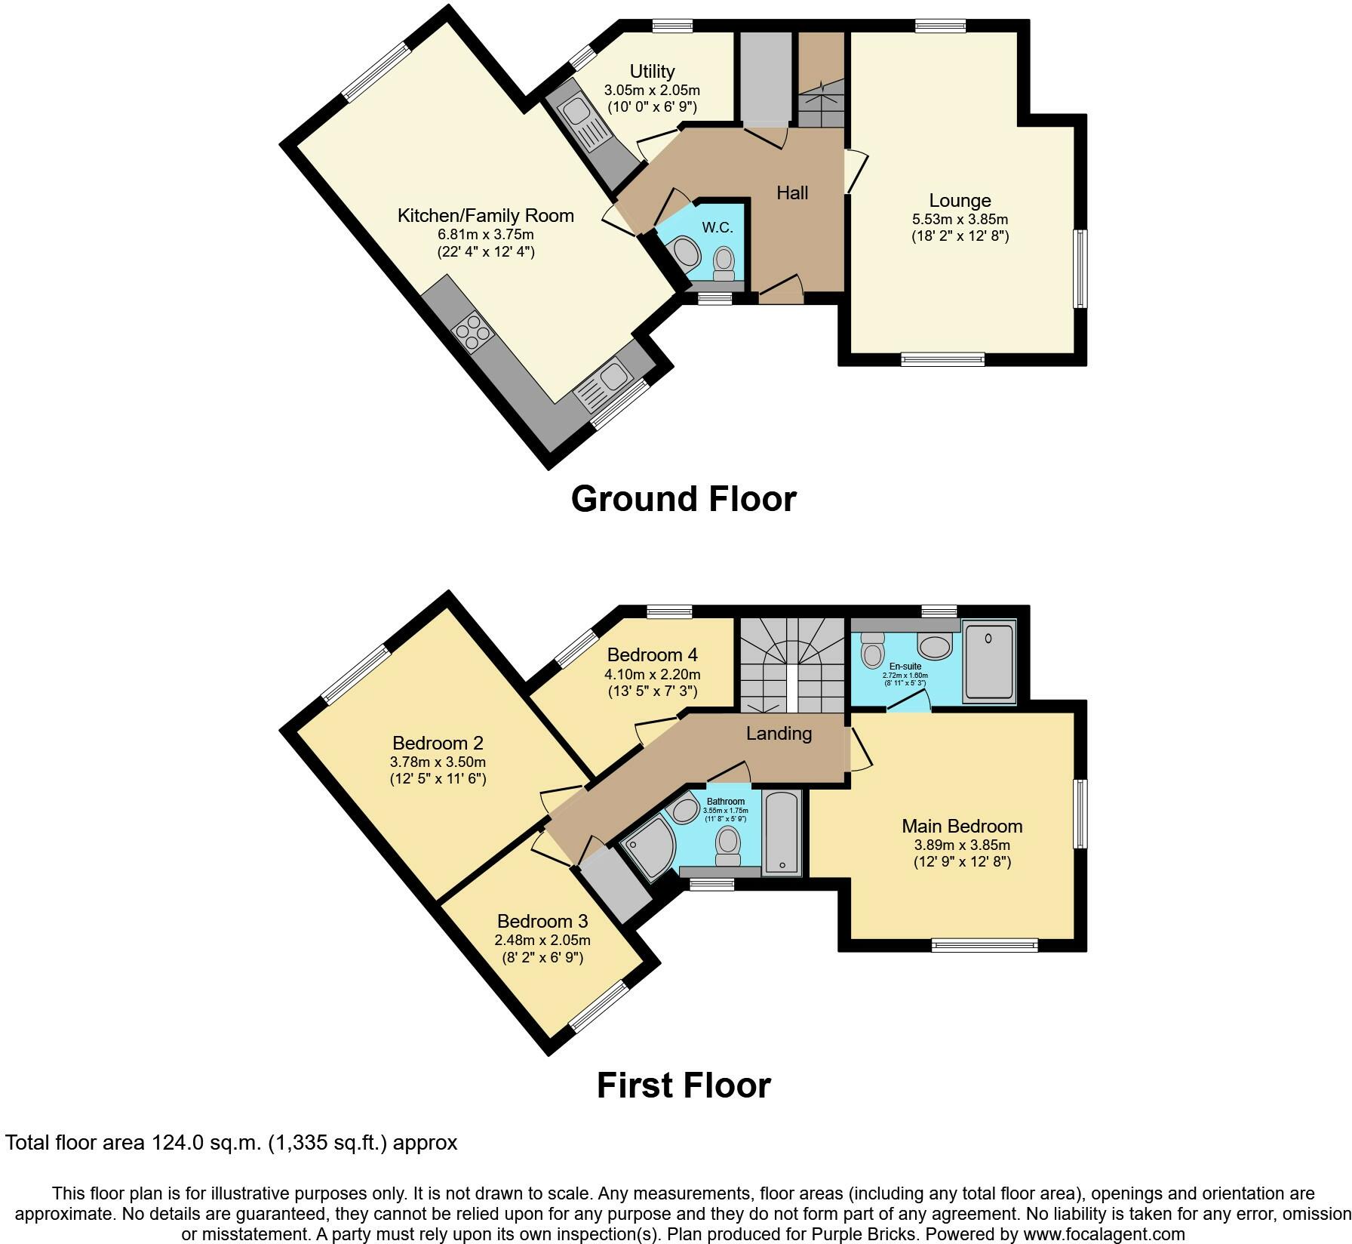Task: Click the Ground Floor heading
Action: click(x=684, y=500)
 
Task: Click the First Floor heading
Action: click(x=684, y=1085)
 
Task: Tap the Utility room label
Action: click(x=652, y=72)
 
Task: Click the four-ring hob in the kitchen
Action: click(x=472, y=332)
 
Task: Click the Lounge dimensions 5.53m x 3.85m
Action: click(x=960, y=220)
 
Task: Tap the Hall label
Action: click(x=792, y=193)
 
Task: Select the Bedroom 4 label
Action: click(x=653, y=654)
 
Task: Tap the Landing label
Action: click(x=779, y=734)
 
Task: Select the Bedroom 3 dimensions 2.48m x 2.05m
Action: click(x=542, y=941)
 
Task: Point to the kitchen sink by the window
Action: click(x=608, y=377)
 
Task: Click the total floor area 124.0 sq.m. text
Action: click(x=231, y=1143)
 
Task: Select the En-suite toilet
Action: click(x=872, y=649)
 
